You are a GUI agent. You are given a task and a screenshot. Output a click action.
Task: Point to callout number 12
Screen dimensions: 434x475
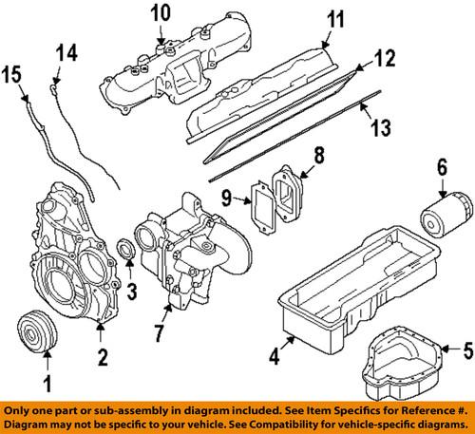click(x=383, y=59)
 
